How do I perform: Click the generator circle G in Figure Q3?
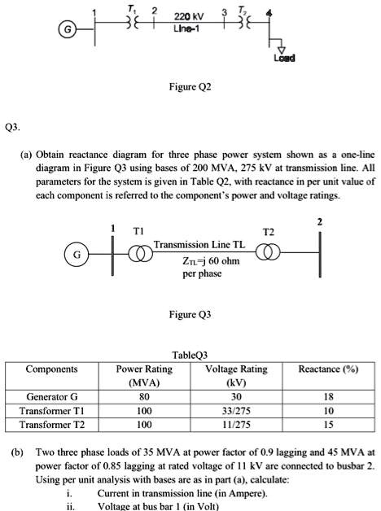click(77, 253)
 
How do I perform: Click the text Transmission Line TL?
click(199, 244)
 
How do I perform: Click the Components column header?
click(51, 369)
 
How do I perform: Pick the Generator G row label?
click(51, 396)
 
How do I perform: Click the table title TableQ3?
click(191, 355)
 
